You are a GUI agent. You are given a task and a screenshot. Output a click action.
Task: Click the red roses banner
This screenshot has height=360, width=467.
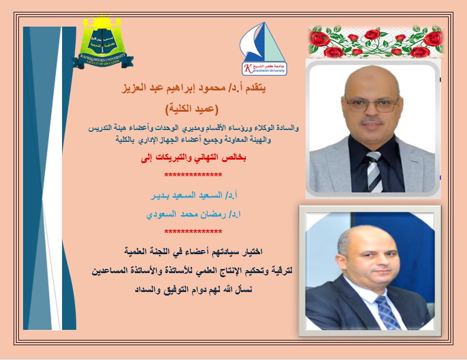pos(375,41)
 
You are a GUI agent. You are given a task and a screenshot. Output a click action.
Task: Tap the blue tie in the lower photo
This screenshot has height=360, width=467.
pos(387,311)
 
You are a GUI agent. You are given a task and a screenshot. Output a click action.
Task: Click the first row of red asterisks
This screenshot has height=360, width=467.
pos(193,176)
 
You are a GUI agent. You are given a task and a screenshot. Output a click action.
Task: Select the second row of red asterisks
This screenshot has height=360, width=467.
pos(193,231)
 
